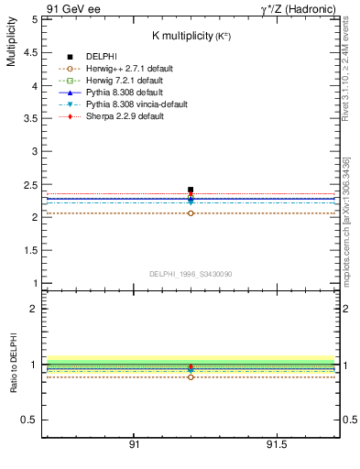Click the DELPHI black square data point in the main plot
(191, 190)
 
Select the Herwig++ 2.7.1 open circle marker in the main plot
(191, 213)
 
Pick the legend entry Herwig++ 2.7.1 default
(124, 69)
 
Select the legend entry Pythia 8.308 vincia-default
(132, 105)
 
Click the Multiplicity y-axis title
(12, 47)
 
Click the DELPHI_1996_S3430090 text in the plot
(191, 274)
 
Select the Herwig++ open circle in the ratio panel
(191, 376)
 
